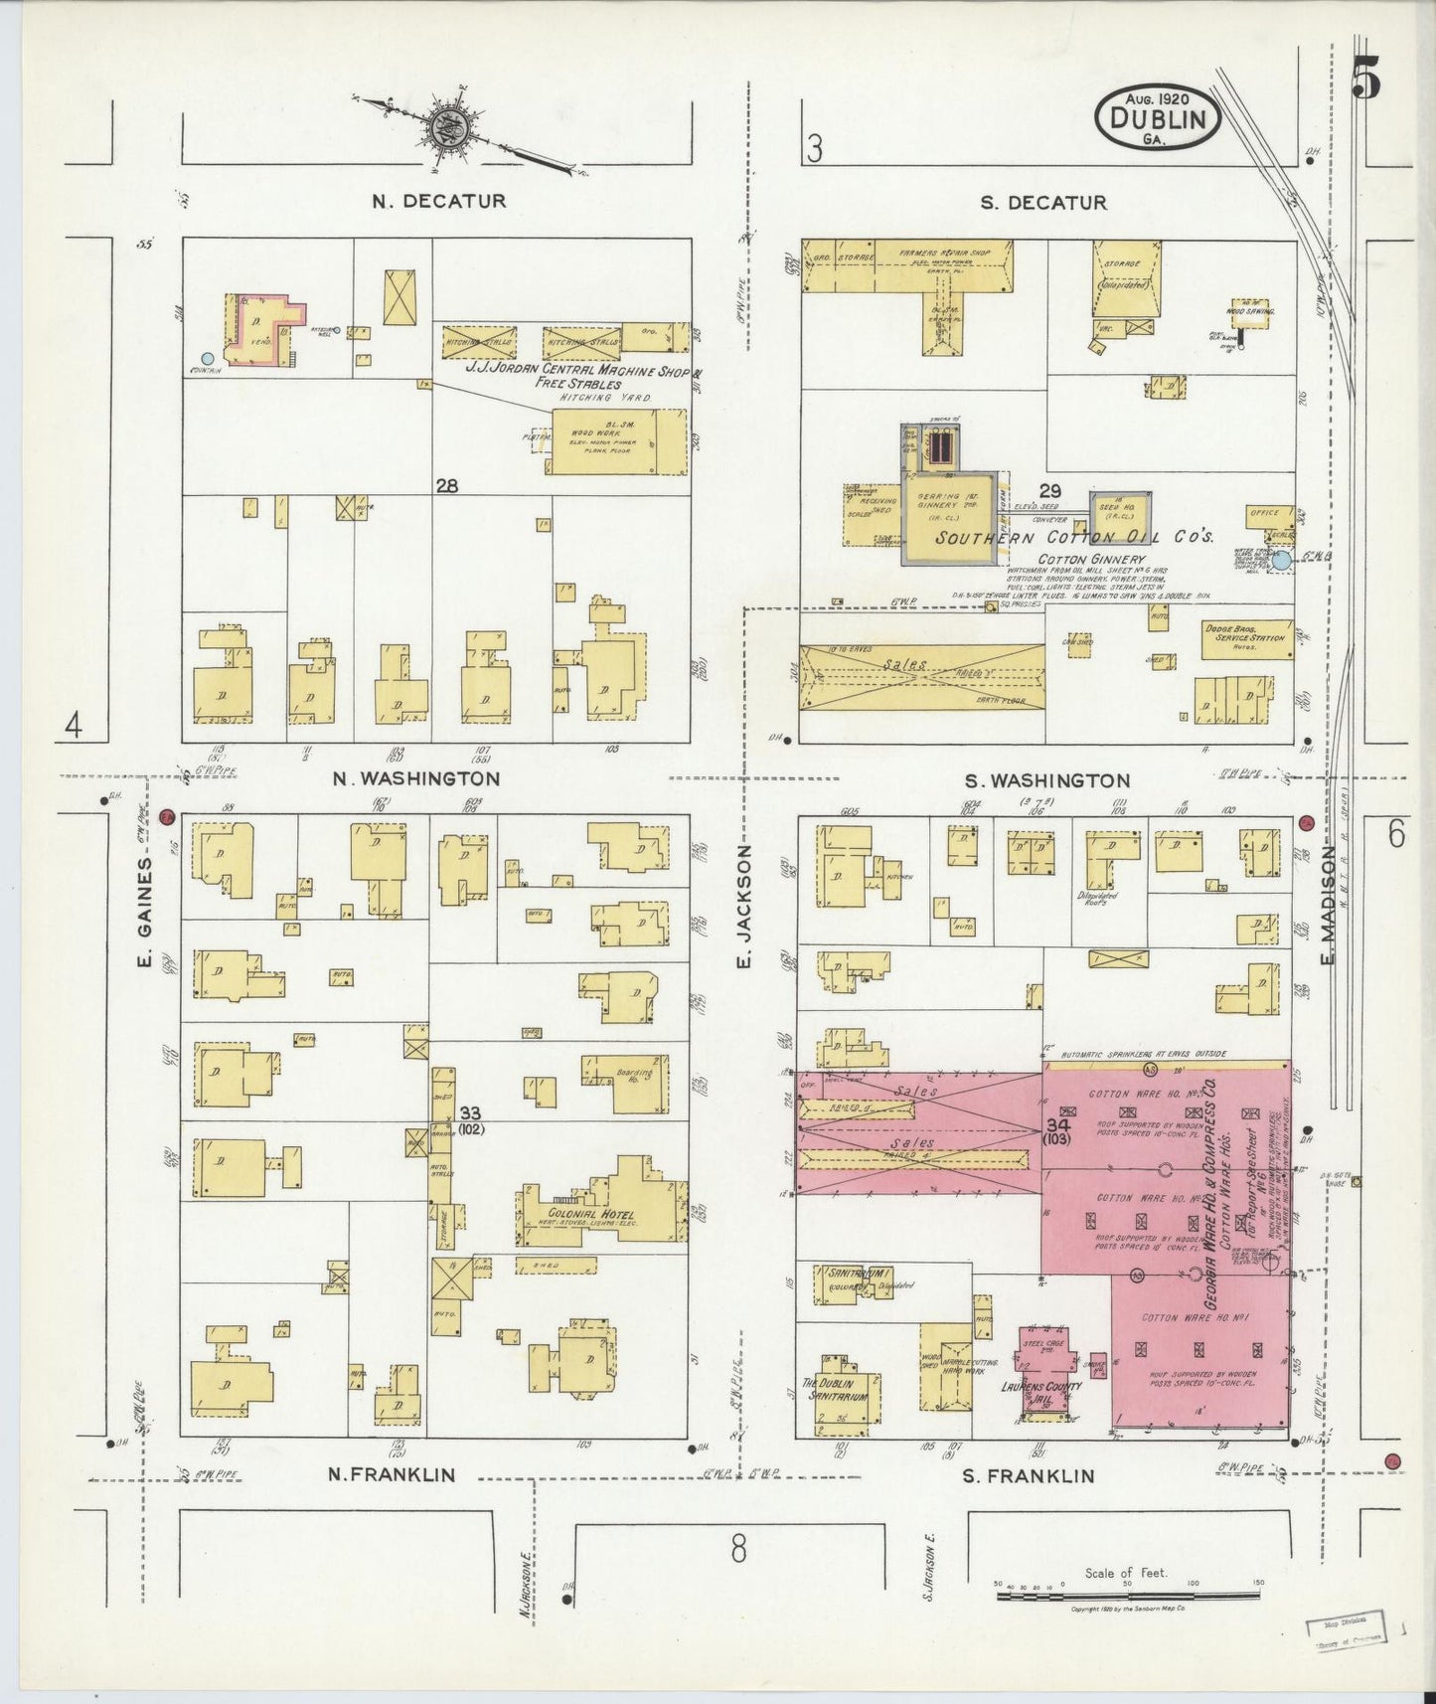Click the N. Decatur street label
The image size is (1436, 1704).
[438, 201]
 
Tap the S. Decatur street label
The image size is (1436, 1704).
[1042, 203]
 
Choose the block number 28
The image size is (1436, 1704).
[446, 486]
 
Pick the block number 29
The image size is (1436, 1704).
[1049, 490]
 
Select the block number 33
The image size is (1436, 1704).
[469, 1111]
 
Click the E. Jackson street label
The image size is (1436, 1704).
[742, 906]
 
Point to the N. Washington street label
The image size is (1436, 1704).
[415, 778]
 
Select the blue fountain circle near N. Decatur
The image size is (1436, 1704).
[207, 358]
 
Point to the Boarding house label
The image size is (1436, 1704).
[637, 1076]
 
